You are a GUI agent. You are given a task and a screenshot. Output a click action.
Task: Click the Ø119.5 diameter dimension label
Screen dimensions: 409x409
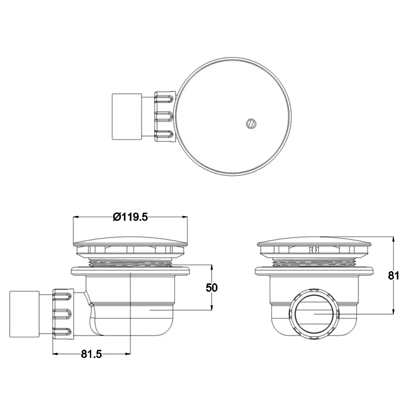(130, 217)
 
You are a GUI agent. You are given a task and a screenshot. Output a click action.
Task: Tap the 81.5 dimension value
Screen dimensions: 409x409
(91, 354)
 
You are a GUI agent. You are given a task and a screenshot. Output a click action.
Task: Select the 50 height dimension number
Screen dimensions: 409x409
(211, 288)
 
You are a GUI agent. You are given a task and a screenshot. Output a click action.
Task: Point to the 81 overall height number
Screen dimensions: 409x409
(393, 275)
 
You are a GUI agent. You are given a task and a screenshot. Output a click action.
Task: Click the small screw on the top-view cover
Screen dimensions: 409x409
(251, 124)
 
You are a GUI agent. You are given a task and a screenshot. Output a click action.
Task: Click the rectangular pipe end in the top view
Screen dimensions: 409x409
(127, 117)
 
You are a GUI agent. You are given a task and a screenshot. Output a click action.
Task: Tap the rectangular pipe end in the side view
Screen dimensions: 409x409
(25, 314)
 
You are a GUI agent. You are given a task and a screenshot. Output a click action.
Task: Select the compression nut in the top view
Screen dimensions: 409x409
(165, 116)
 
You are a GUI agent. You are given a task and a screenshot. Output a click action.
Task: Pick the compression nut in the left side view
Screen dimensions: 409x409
(63, 314)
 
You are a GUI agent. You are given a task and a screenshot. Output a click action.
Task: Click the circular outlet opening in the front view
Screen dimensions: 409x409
(314, 314)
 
